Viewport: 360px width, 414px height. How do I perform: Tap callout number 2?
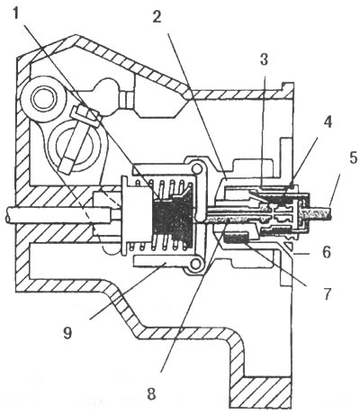pyautogui.click(x=157, y=17)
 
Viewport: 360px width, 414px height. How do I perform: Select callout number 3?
pyautogui.click(x=264, y=59)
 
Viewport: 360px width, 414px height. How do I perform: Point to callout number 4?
pyautogui.click(x=328, y=122)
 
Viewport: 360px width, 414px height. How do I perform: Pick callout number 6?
pyautogui.click(x=327, y=252)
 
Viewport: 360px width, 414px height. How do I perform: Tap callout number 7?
pyautogui.click(x=326, y=294)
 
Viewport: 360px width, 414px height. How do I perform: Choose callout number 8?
pyautogui.click(x=151, y=394)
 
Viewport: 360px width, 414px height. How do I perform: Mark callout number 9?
pyautogui.click(x=67, y=333)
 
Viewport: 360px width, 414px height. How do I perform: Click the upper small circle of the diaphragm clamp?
pyautogui.click(x=196, y=169)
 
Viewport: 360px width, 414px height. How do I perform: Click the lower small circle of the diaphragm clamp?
pyautogui.click(x=196, y=264)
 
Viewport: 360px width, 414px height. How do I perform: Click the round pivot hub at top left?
pyautogui.click(x=45, y=98)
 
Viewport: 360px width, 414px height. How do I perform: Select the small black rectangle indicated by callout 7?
pyautogui.click(x=238, y=238)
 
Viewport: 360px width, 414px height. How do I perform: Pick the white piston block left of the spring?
pyautogui.click(x=137, y=216)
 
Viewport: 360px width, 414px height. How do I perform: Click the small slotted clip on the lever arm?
pyautogui.click(x=85, y=117)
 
